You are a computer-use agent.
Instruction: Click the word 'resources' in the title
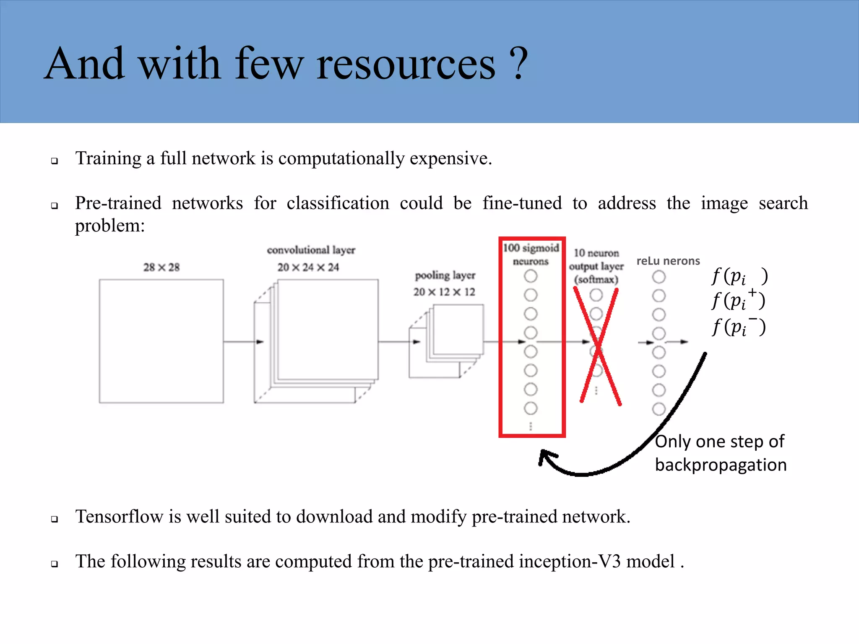(406, 65)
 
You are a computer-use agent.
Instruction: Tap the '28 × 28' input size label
(161, 267)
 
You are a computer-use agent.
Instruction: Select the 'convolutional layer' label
(311, 250)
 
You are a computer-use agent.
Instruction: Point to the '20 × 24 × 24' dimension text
(308, 267)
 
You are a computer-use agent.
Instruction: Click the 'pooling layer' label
(445, 275)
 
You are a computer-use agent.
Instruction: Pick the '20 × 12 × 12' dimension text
(444, 292)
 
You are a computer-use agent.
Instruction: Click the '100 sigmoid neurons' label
(531, 254)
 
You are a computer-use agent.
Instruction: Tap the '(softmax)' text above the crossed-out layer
(596, 279)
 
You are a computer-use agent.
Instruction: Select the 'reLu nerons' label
(668, 261)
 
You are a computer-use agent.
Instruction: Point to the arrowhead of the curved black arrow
(544, 457)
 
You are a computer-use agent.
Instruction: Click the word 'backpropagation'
(721, 465)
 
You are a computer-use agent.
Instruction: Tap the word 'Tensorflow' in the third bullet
(119, 517)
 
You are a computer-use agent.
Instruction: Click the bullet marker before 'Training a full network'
(55, 161)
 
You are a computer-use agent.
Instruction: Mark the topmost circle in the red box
(531, 276)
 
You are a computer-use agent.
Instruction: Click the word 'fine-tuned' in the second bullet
(522, 203)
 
